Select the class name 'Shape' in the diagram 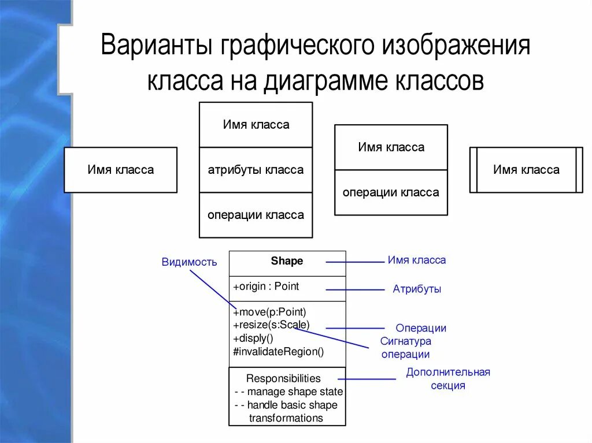pyautogui.click(x=287, y=261)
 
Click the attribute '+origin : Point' pyautogui.click(x=266, y=286)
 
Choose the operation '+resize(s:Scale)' pyautogui.click(x=271, y=325)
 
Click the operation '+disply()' pyautogui.click(x=253, y=338)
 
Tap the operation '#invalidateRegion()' pyautogui.click(x=279, y=351)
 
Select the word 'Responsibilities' pyautogui.click(x=283, y=379)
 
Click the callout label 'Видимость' pyautogui.click(x=189, y=262)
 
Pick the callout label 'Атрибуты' pyautogui.click(x=417, y=289)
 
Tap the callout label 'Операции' pyautogui.click(x=421, y=328)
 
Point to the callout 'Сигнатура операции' pyautogui.click(x=406, y=348)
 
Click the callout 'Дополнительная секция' pyautogui.click(x=448, y=379)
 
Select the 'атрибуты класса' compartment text pyautogui.click(x=256, y=170)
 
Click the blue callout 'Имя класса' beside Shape pyautogui.click(x=417, y=260)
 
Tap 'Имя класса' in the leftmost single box pyautogui.click(x=120, y=170)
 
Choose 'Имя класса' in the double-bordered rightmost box pyautogui.click(x=526, y=170)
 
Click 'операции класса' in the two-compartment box pyautogui.click(x=391, y=192)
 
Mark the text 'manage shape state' pyautogui.click(x=295, y=392)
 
